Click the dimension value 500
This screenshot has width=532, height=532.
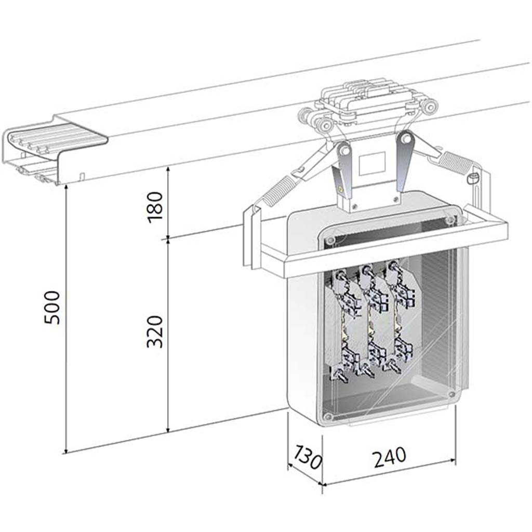[52, 308]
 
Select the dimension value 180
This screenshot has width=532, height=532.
[155, 207]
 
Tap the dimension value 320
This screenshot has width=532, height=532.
[155, 331]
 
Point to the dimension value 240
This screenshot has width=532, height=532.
[390, 457]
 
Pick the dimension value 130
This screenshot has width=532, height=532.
[308, 458]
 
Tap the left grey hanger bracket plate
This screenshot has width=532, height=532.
[343, 170]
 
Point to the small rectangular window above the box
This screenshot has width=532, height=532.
[372, 164]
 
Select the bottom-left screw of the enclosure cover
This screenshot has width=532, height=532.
[327, 416]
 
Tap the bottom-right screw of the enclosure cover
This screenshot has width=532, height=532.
[451, 394]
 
